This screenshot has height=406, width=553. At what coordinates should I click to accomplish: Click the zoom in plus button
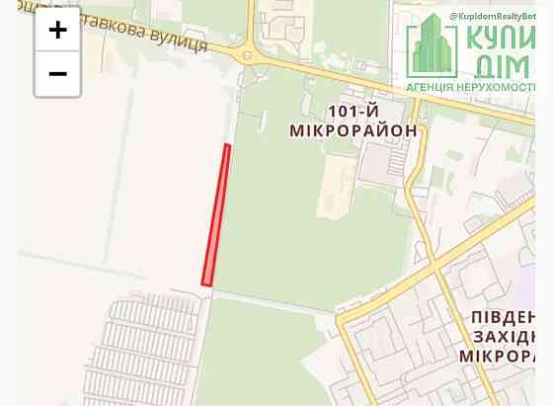click(57, 31)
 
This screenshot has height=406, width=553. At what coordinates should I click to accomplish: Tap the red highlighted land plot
click(216, 215)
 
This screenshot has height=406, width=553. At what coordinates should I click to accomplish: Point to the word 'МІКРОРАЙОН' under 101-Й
click(353, 130)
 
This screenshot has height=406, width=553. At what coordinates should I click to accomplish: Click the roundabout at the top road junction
click(248, 55)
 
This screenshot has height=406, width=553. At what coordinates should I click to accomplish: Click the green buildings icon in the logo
click(432, 47)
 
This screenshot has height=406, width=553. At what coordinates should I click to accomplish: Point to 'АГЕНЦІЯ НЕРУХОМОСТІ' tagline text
click(477, 87)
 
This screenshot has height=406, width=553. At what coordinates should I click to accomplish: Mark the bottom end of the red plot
click(206, 283)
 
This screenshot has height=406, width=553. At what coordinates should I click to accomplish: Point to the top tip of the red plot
click(228, 146)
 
